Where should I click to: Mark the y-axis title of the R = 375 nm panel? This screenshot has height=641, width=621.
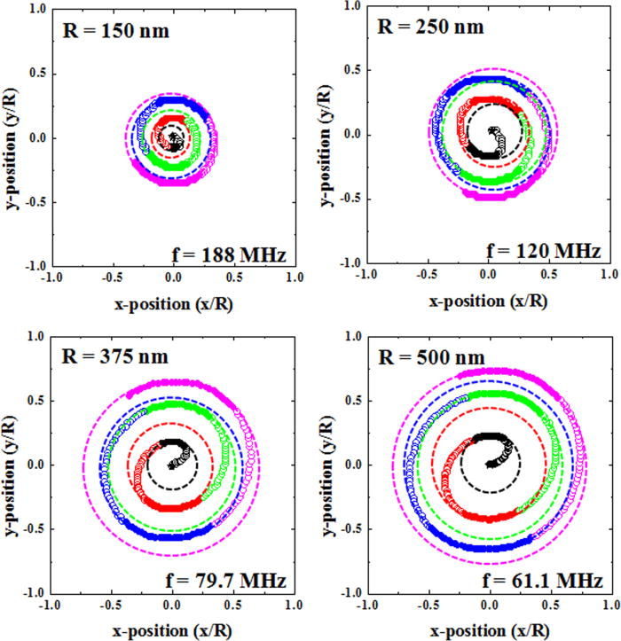(x=12, y=464)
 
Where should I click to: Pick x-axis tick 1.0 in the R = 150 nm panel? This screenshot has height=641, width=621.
(x=295, y=278)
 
